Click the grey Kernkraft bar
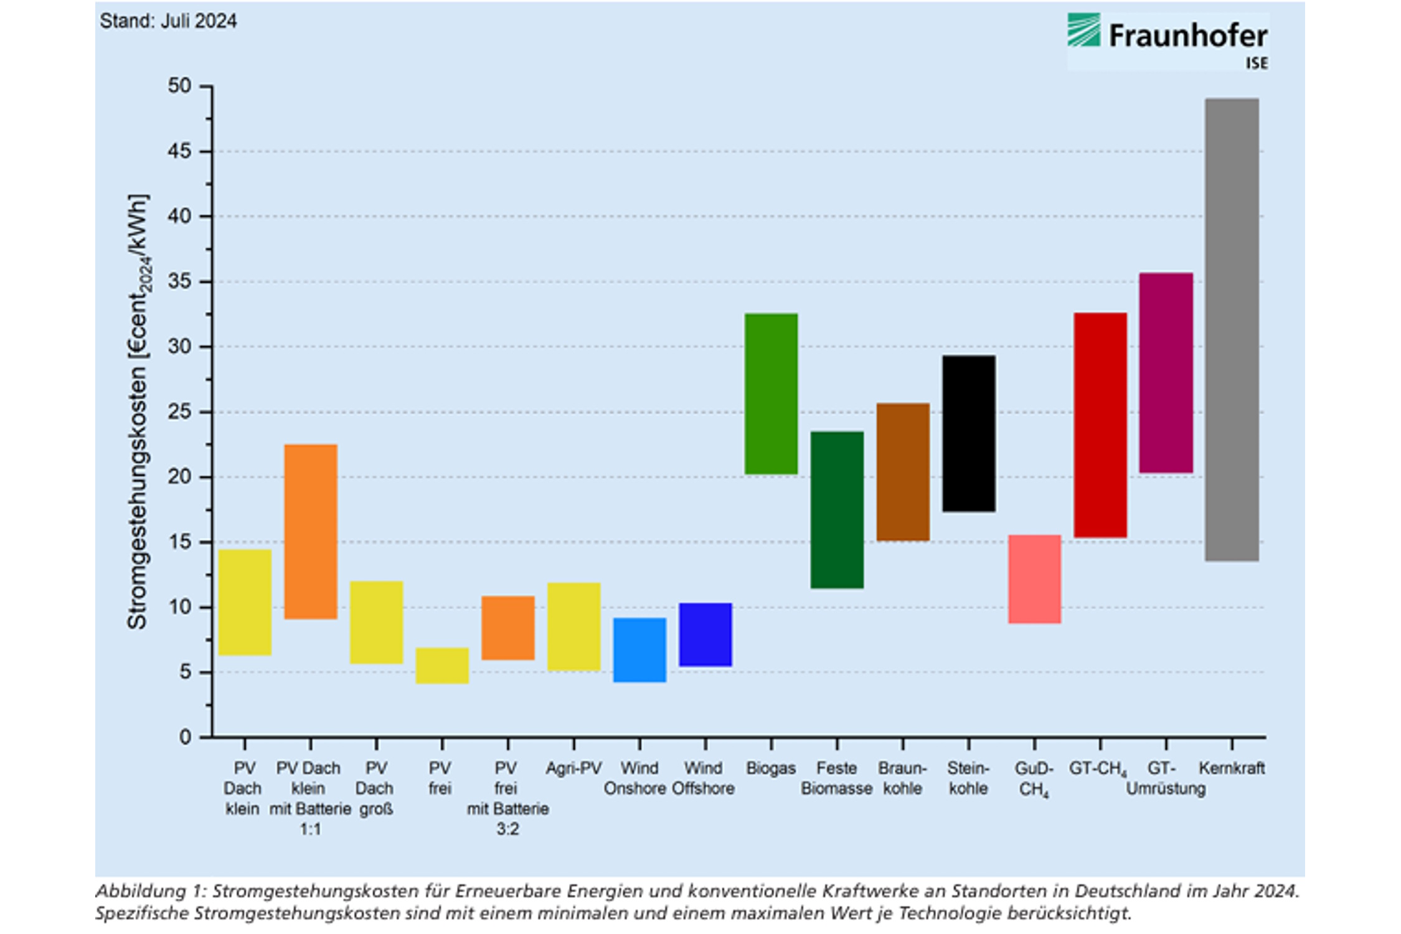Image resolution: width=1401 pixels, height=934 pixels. coord(1231,329)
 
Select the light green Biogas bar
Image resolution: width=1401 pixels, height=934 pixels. coord(771,394)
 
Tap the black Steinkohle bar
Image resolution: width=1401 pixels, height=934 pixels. coord(968,433)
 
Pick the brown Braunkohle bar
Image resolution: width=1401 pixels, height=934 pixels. coord(903,471)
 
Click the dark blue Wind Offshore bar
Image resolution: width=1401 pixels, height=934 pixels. coord(705,634)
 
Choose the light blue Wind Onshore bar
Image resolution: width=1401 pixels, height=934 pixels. coord(639,649)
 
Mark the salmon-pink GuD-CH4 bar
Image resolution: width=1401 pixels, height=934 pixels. coord(1034,578)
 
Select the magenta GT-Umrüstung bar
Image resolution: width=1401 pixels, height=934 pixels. coord(1166,372)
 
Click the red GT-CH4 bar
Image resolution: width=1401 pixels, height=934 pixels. coord(1100,425)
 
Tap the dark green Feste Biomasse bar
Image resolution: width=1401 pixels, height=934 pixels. coord(837,509)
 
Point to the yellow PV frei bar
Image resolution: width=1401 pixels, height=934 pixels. coord(442,666)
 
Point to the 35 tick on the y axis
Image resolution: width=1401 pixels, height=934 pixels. coord(205,281)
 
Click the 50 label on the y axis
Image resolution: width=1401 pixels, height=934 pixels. coord(179,86)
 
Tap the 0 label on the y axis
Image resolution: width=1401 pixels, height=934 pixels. coord(185,737)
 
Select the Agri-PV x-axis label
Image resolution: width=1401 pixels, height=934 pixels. coord(573,768)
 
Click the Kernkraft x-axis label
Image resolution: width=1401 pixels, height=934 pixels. coord(1232,768)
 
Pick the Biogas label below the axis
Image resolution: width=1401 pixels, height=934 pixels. coord(771,768)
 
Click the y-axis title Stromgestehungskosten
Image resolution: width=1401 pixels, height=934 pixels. coord(138,412)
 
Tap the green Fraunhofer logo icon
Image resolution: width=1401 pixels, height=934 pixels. coord(1084,30)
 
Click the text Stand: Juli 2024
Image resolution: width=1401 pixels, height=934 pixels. coord(168,21)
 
